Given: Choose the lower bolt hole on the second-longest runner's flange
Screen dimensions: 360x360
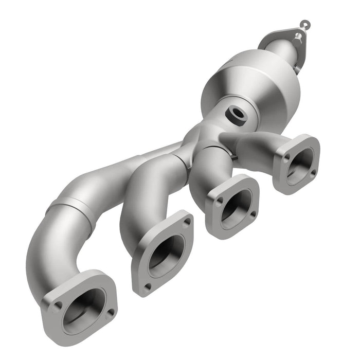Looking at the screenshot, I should (148, 285).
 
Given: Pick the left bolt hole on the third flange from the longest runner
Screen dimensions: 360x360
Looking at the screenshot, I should (219, 203).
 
